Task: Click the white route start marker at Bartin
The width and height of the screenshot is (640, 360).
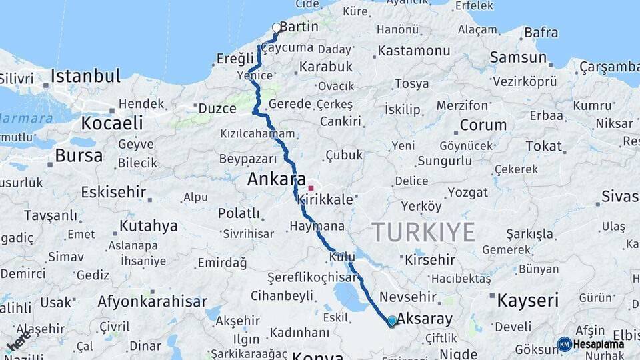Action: click(x=277, y=28)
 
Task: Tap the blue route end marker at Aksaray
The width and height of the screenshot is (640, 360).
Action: click(x=392, y=321)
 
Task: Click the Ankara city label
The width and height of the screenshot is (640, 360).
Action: click(x=276, y=179)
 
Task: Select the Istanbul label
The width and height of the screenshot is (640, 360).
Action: click(x=85, y=75)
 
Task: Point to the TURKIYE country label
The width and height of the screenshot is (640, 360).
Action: click(x=423, y=232)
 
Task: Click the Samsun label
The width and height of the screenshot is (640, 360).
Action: click(x=518, y=57)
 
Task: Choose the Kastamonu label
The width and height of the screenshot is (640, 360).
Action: click(x=413, y=51)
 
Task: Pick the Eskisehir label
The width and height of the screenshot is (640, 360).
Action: click(x=113, y=193)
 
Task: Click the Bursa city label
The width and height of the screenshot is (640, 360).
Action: click(x=79, y=156)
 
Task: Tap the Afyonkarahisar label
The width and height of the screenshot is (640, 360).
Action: click(x=152, y=301)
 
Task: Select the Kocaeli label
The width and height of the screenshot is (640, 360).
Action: click(x=112, y=123)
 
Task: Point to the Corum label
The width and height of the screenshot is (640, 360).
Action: click(x=483, y=125)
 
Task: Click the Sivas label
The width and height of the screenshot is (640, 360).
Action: click(x=619, y=197)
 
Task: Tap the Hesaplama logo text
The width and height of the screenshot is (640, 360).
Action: click(x=598, y=344)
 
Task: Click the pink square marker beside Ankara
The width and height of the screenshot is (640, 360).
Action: click(x=311, y=188)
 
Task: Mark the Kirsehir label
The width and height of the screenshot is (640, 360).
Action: click(x=430, y=260)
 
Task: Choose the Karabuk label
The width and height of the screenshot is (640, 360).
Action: click(x=325, y=67)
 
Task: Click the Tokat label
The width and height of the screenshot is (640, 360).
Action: click(x=543, y=146)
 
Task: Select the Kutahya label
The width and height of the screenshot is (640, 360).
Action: click(x=149, y=225)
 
